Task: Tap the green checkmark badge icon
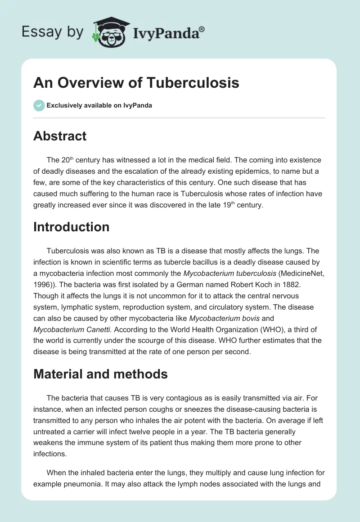point(39,105)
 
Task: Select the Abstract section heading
point(60,136)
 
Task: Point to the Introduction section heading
point(71,226)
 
